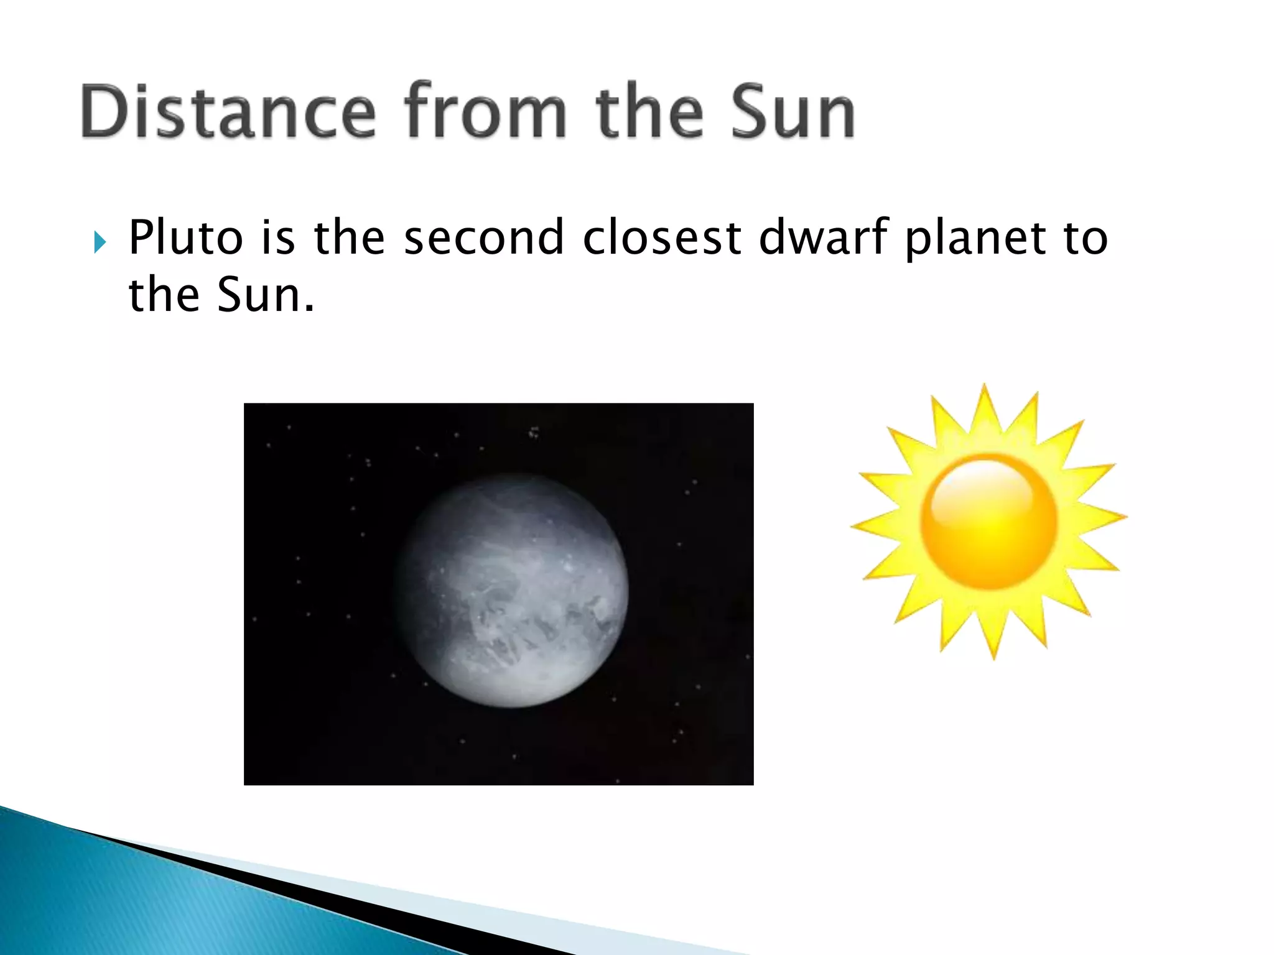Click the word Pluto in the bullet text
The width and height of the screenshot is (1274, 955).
coord(185,238)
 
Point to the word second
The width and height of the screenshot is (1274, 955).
coord(483,238)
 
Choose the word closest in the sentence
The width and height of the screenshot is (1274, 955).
coord(662,238)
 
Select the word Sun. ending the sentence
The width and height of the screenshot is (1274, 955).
coord(266,295)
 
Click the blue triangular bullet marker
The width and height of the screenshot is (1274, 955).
coord(100,242)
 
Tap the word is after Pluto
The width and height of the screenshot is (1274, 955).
coord(277,238)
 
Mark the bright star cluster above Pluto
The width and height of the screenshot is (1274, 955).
coord(534,432)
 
